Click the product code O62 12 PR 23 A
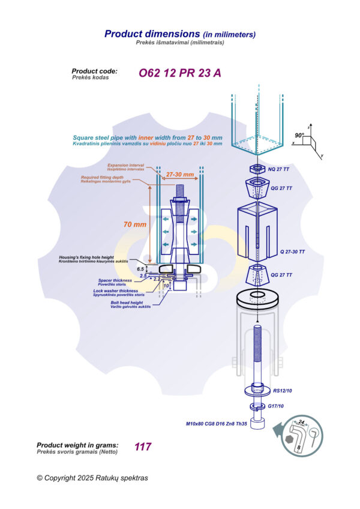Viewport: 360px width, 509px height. coord(180,74)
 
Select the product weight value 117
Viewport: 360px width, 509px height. coord(143,447)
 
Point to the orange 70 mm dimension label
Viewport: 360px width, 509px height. coord(135,224)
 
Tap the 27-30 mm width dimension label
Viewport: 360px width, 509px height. coord(180,175)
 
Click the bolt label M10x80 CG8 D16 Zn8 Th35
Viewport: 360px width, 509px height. coord(217,424)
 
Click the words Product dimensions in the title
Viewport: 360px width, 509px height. coord(152,34)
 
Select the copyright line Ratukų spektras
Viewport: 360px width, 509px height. coord(92,478)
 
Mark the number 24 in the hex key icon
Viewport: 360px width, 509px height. coord(302,422)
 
